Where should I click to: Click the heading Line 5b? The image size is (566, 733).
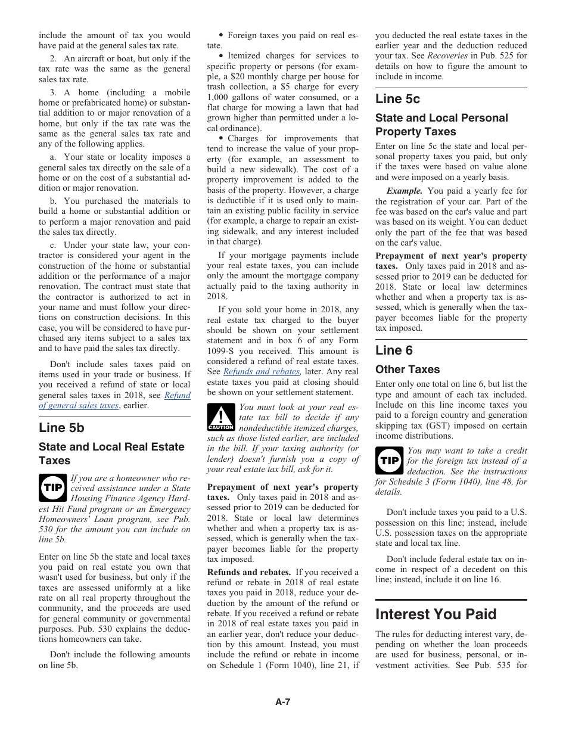61,427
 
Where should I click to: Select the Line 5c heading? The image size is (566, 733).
397,99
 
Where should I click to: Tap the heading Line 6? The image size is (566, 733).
394,350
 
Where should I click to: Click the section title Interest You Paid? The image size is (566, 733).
436,614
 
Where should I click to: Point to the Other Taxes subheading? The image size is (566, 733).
408,369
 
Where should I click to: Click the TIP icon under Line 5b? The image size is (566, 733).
53,487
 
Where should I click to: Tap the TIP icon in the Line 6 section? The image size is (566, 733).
390,461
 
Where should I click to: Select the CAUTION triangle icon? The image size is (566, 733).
221,417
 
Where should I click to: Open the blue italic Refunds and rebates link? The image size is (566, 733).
261,371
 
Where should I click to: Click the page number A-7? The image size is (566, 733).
282,702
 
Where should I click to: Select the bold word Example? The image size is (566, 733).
405,191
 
